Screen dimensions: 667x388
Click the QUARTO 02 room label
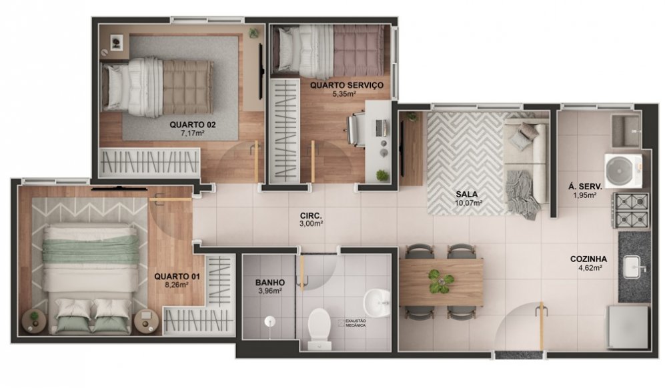[193, 125]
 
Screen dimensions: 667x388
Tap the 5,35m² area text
[344, 93]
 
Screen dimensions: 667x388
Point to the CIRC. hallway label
[310, 215]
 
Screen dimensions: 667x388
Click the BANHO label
[270, 283]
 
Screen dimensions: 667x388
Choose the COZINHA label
[589, 259]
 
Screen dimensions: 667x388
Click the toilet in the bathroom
[319, 329]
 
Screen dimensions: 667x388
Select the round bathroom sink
[376, 303]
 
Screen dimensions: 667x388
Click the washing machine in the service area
[624, 171]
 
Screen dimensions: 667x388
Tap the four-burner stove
[631, 211]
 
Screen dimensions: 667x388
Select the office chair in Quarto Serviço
[356, 127]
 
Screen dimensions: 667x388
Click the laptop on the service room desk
[381, 127]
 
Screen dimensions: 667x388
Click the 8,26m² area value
[177, 285]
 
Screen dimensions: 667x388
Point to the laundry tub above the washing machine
[626, 129]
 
